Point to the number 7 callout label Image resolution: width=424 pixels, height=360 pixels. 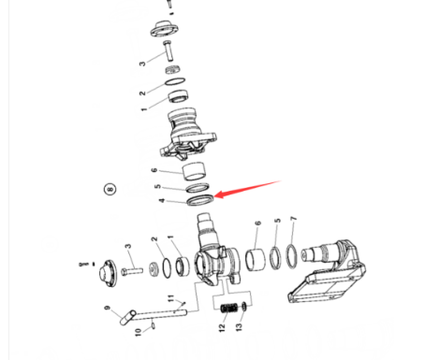(293, 220)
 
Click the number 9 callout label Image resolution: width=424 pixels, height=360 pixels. (108, 310)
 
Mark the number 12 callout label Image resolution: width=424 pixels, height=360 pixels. (223, 328)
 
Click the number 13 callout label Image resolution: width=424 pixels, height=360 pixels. (239, 328)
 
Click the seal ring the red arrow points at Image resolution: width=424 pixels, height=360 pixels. (199, 200)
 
